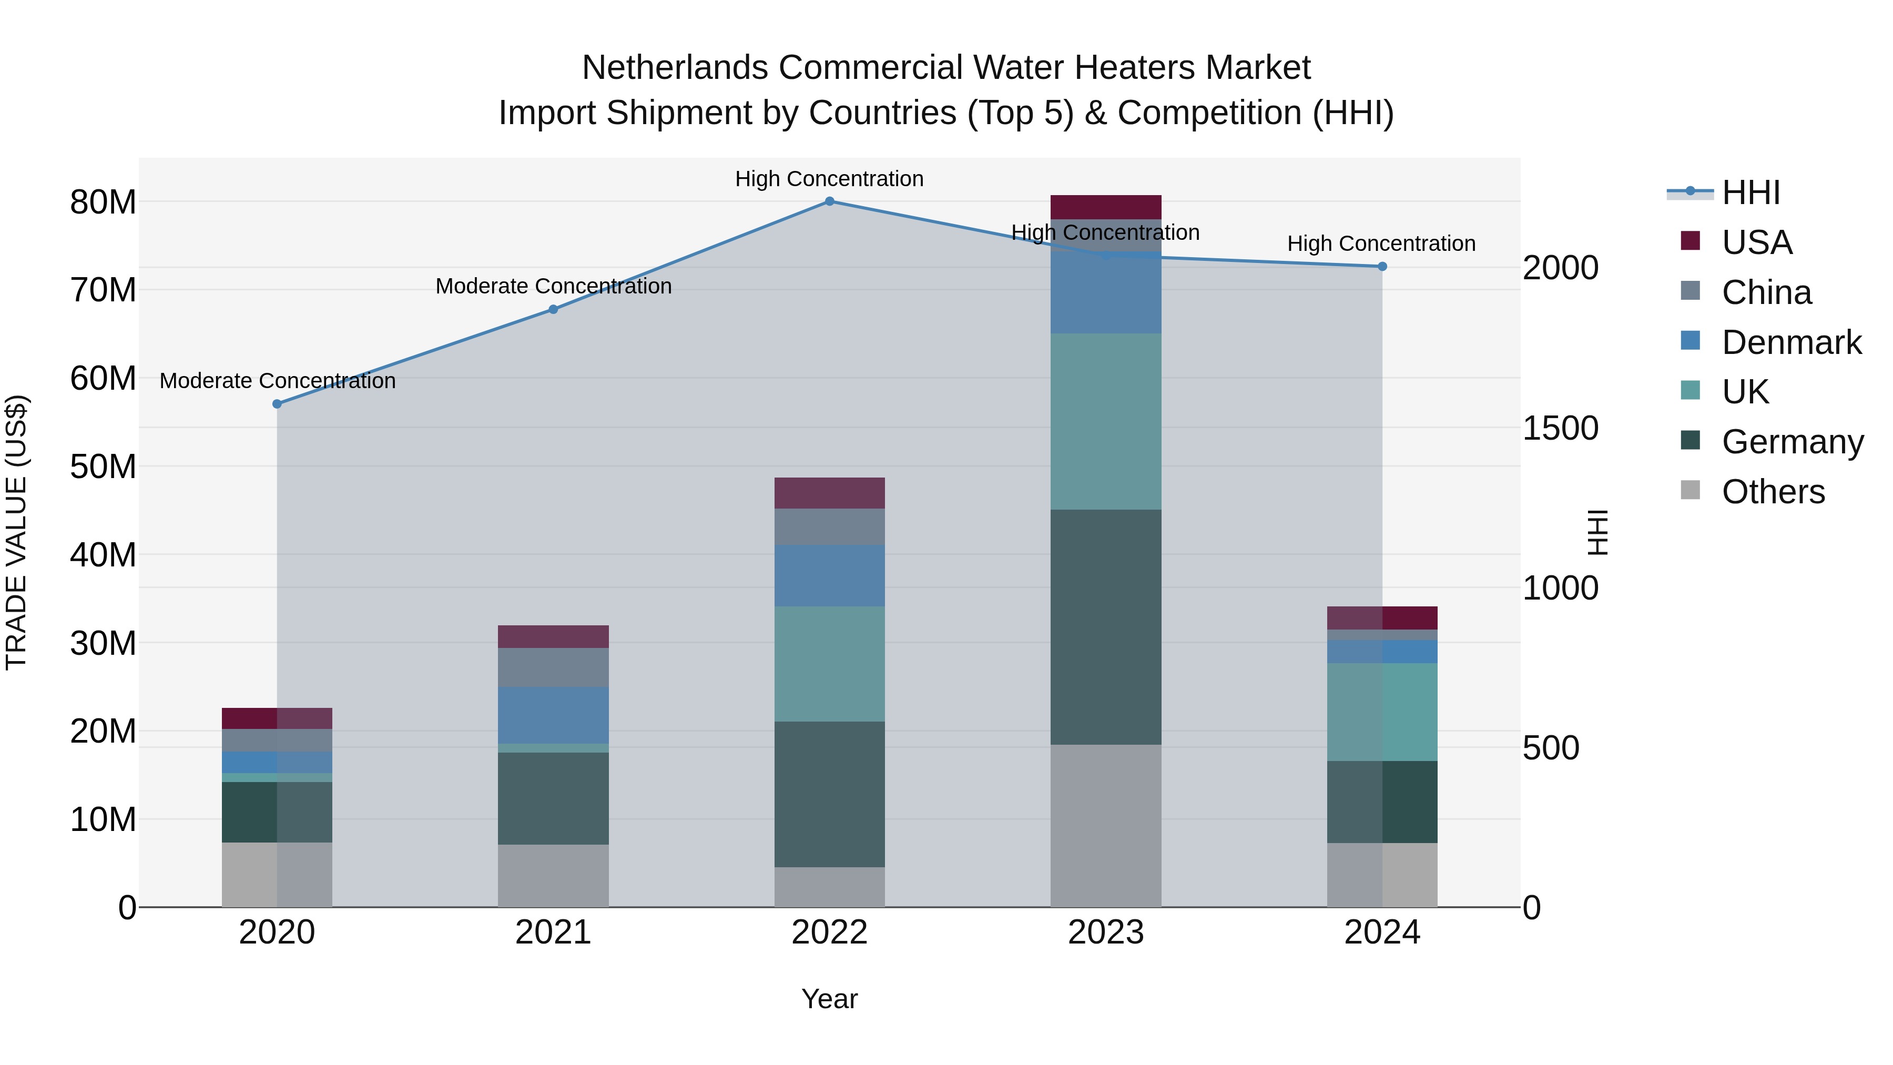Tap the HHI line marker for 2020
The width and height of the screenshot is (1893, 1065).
[277, 404]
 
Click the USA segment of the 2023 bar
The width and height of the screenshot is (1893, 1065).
[1105, 207]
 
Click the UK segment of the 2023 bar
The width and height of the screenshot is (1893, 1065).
[1105, 422]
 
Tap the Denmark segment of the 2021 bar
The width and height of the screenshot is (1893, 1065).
[553, 715]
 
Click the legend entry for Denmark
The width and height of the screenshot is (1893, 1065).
[1791, 342]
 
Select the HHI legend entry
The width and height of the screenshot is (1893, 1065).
[1750, 192]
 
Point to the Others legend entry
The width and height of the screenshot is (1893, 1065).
[1773, 492]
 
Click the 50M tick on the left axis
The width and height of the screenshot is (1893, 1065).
[103, 466]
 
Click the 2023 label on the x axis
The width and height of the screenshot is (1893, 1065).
[1105, 932]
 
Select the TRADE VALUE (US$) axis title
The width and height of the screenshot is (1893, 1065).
[16, 532]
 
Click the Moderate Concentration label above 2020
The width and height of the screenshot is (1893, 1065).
[277, 381]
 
